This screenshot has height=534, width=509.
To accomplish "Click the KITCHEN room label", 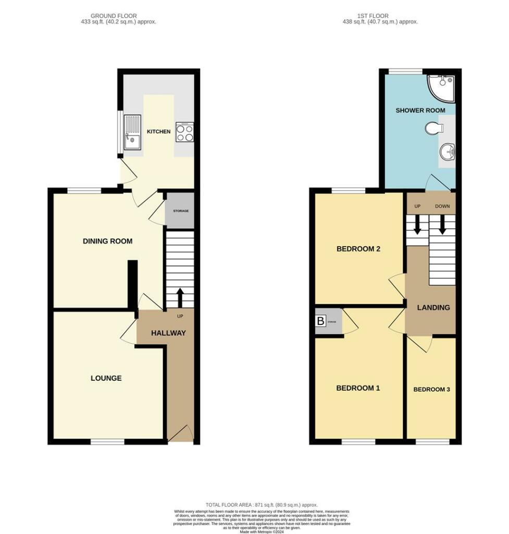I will [158, 131].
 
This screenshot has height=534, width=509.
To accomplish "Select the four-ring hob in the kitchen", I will [184, 132].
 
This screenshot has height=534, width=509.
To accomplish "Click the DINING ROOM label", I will [108, 241].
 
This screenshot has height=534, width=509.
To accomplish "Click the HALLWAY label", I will [168, 333].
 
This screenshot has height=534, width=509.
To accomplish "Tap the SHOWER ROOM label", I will [420, 111].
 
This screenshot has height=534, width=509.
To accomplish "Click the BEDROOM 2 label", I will [358, 249].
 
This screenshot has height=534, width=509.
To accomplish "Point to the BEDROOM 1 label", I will [358, 388].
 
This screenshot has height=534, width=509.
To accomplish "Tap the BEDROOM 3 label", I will [431, 390].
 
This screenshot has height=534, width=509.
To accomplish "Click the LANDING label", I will [433, 307].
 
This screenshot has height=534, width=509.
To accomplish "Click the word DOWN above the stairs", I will [442, 207].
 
